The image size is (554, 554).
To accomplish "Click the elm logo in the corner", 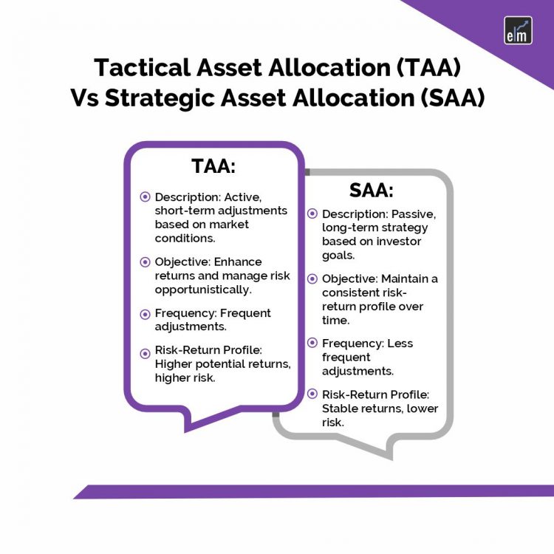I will click(x=517, y=30).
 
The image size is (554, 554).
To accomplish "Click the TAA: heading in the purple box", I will click(x=213, y=166).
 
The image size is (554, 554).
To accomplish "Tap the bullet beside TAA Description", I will click(x=145, y=197).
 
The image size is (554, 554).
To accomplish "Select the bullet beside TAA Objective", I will click(x=145, y=261).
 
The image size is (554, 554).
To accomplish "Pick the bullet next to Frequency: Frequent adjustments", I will click(x=145, y=313).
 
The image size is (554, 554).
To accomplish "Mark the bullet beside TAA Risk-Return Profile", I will click(x=145, y=352).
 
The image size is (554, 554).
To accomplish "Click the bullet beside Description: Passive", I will click(x=312, y=214).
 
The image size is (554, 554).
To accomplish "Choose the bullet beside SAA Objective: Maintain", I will click(x=312, y=278).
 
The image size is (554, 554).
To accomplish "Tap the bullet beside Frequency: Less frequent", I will click(x=312, y=343).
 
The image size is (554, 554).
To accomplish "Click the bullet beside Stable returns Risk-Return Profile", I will click(x=312, y=394).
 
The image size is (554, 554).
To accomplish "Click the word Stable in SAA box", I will click(x=339, y=408).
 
